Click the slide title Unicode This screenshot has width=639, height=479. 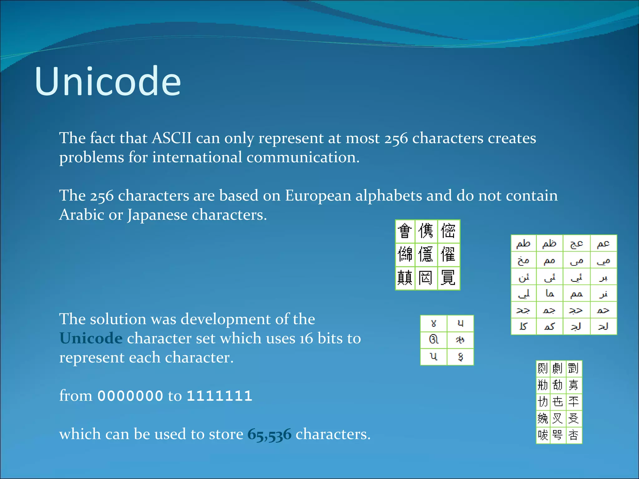pos(108,82)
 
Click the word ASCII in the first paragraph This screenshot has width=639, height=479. pos(172,138)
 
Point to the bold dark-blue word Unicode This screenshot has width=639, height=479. pos(91,338)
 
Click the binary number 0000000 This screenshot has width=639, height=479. pos(130,396)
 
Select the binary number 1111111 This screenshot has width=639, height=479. pos(219,396)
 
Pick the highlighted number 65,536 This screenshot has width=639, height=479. pos(269,434)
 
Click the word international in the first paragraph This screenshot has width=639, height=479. pos(197,157)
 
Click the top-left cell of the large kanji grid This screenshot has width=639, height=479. pos(405,231)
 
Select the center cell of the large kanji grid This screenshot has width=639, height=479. pos(426,254)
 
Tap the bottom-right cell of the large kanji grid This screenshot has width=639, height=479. pos(448,278)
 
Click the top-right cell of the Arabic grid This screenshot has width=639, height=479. pos(603,244)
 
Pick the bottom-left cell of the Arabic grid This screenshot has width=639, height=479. pos(524,326)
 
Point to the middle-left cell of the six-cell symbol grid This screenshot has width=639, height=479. pos(434,339)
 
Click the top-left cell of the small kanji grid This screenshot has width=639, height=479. pos(543,368)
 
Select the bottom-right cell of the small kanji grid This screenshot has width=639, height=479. pos(573,435)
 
